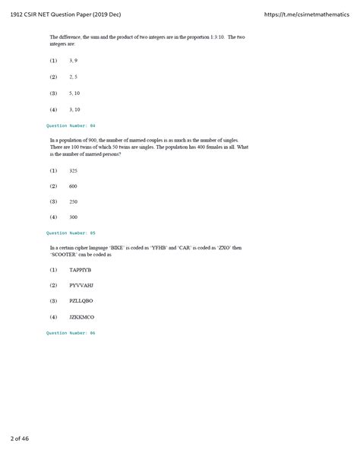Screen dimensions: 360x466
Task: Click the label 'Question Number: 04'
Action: (71, 125)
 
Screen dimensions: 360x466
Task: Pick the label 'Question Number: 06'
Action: (71, 332)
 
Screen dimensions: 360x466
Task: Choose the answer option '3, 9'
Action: (74, 61)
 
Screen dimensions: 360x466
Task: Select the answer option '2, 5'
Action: (74, 77)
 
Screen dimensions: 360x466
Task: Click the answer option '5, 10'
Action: (74, 93)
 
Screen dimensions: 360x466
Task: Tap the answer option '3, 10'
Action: (74, 109)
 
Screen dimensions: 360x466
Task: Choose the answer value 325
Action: (73, 170)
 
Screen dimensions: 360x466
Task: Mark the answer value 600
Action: (73, 185)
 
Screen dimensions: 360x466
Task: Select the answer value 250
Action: (73, 201)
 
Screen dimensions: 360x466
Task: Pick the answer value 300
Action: (73, 217)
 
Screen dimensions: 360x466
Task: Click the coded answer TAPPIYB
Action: (80, 270)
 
